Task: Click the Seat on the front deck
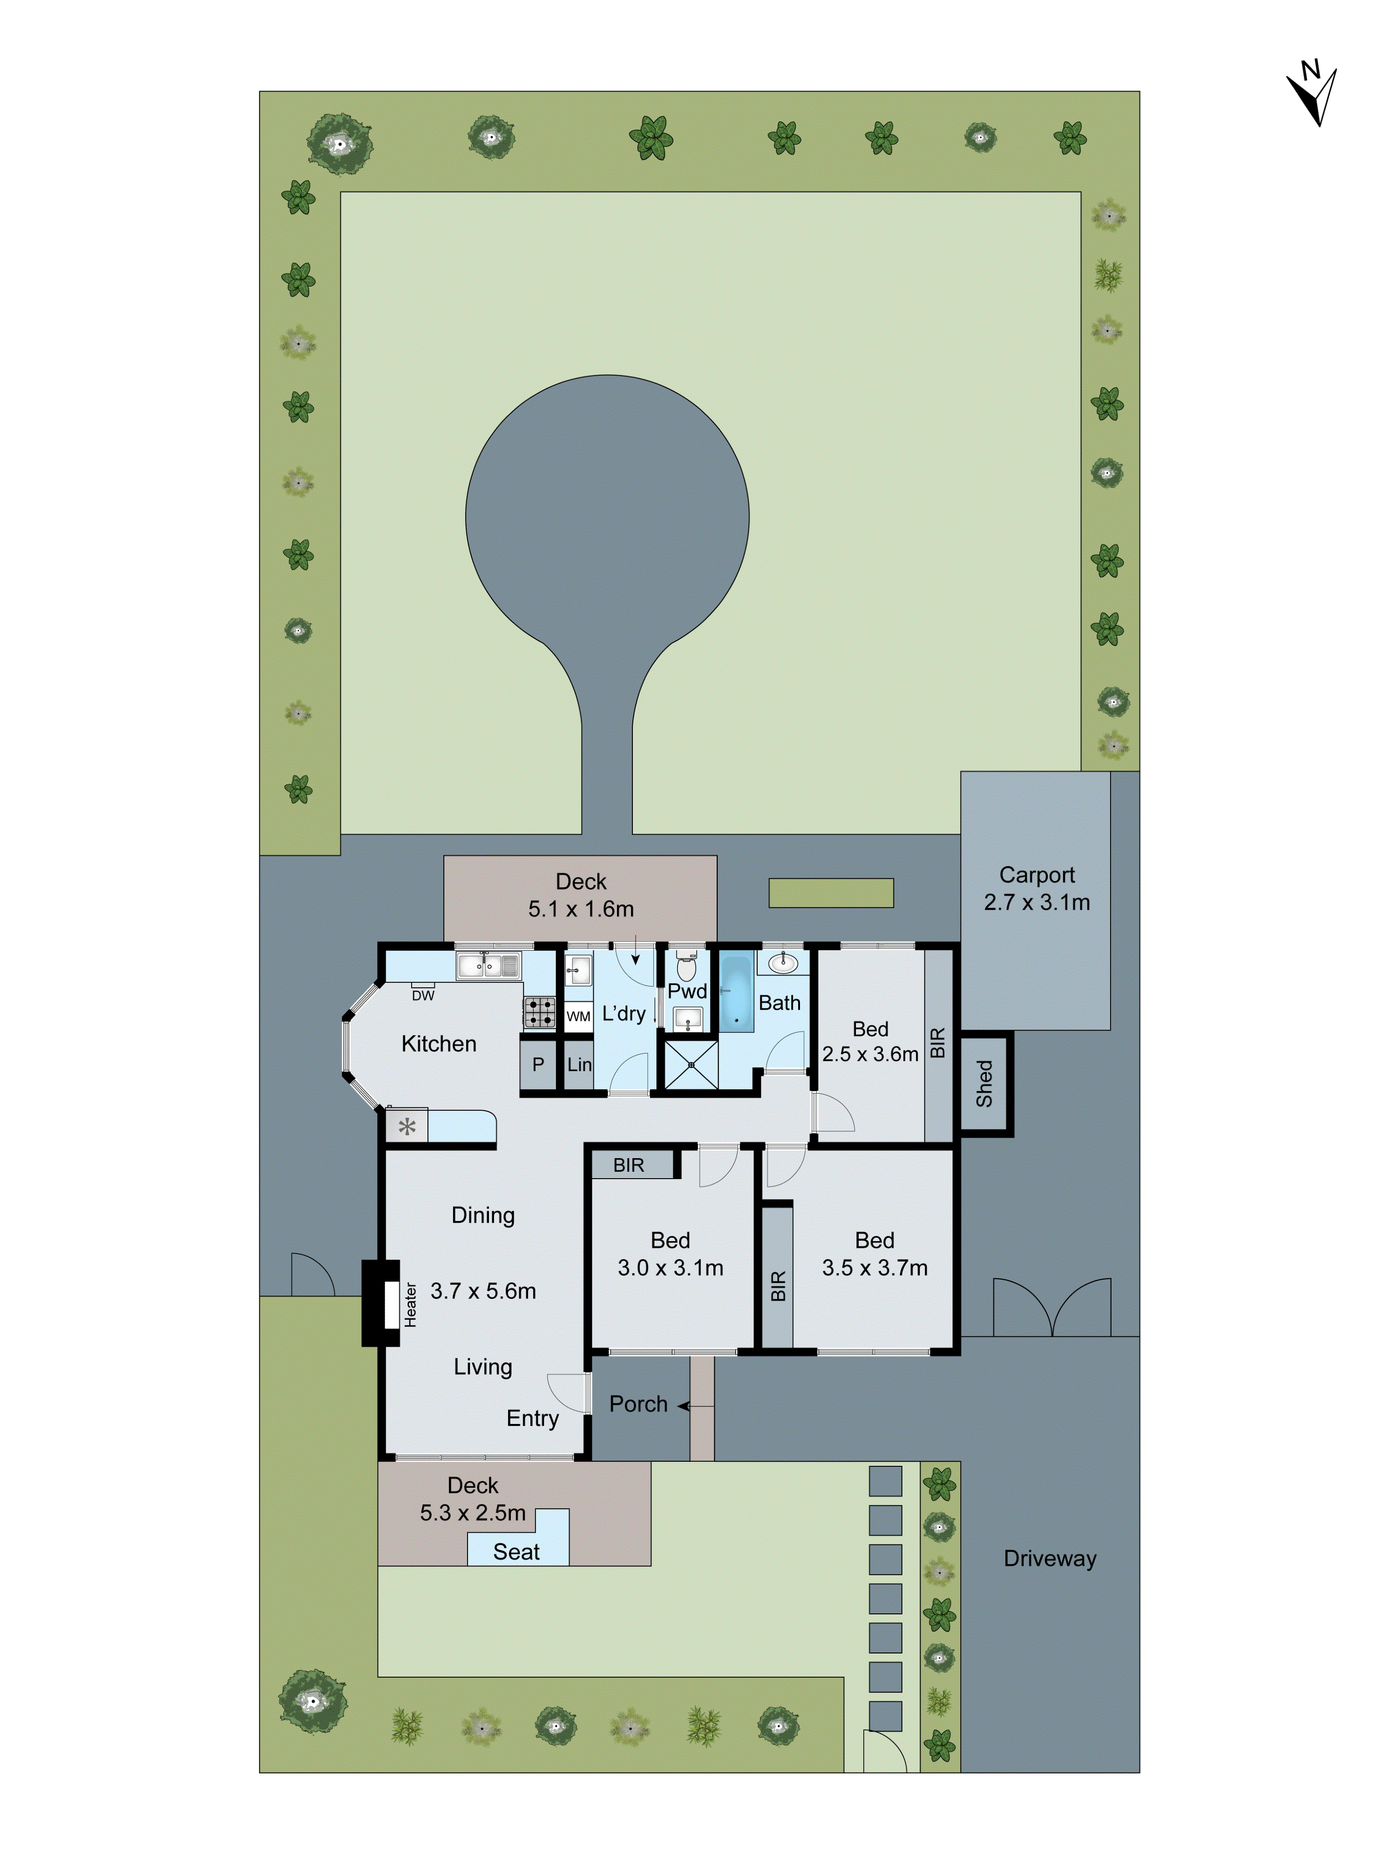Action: (x=516, y=1552)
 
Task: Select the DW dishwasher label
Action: (x=423, y=996)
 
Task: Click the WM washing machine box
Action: (x=578, y=1016)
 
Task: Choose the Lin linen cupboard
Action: (x=578, y=1065)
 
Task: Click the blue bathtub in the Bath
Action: (x=736, y=993)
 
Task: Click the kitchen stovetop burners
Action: (x=540, y=1012)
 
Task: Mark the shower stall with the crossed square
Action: (x=691, y=1065)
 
